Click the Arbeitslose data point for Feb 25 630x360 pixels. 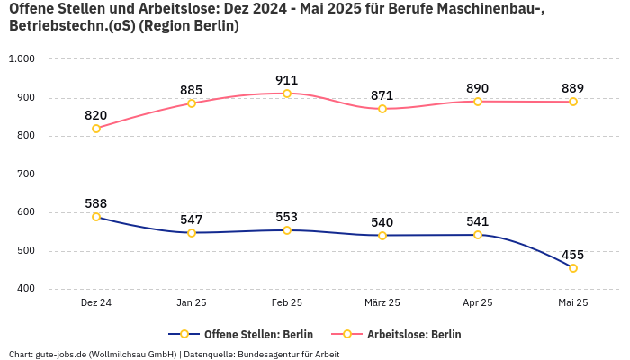click(x=287, y=94)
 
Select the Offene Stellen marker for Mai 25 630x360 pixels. click(x=573, y=268)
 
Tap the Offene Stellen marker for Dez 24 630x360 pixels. click(x=96, y=217)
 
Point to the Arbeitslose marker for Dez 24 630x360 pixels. click(x=96, y=128)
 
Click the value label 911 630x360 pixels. click(x=287, y=80)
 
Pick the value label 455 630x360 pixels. click(x=573, y=255)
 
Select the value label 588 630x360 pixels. click(x=96, y=203)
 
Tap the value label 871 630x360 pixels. click(x=382, y=95)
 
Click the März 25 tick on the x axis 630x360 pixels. click(x=382, y=303)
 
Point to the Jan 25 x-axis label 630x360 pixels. click(x=192, y=303)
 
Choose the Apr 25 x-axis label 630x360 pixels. click(x=478, y=303)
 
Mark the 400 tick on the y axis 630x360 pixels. click(x=24, y=289)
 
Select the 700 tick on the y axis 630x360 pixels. click(x=24, y=175)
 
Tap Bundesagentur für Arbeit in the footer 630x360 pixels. click(x=289, y=354)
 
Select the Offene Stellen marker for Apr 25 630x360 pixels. click(x=478, y=235)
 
